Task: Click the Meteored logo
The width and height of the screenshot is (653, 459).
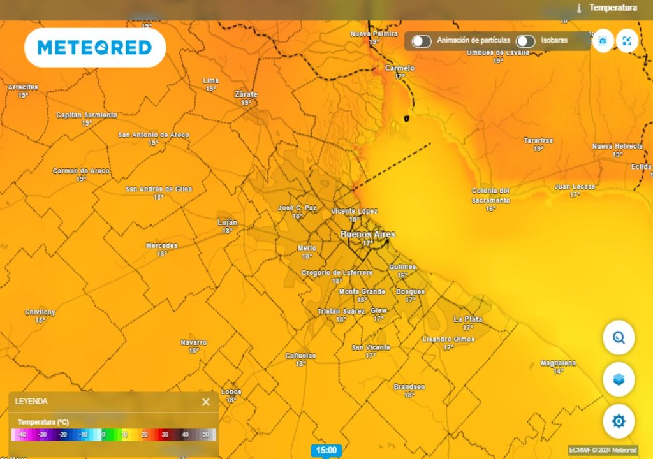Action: click(95, 48)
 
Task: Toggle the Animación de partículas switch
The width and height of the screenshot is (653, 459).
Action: click(421, 41)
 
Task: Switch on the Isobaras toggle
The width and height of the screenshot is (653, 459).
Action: click(525, 41)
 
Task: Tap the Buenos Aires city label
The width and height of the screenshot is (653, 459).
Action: click(367, 235)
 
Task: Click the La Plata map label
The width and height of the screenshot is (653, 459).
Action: click(467, 319)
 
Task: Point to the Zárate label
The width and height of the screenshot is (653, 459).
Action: click(246, 94)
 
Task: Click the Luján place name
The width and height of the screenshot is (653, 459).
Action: click(228, 222)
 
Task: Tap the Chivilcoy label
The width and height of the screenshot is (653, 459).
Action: click(40, 312)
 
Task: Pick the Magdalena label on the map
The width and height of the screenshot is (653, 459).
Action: click(558, 363)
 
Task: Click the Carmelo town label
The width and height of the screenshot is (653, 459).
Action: click(400, 68)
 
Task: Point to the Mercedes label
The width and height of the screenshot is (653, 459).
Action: click(162, 245)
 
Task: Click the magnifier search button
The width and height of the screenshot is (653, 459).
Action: click(618, 337)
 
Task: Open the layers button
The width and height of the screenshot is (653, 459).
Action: click(618, 379)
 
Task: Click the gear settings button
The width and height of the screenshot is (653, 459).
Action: click(618, 421)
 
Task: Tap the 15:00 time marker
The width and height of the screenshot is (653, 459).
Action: click(326, 450)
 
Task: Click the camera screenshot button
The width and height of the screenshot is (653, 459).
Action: click(603, 41)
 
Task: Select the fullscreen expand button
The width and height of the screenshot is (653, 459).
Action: click(627, 41)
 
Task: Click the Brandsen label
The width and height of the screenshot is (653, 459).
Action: click(409, 387)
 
